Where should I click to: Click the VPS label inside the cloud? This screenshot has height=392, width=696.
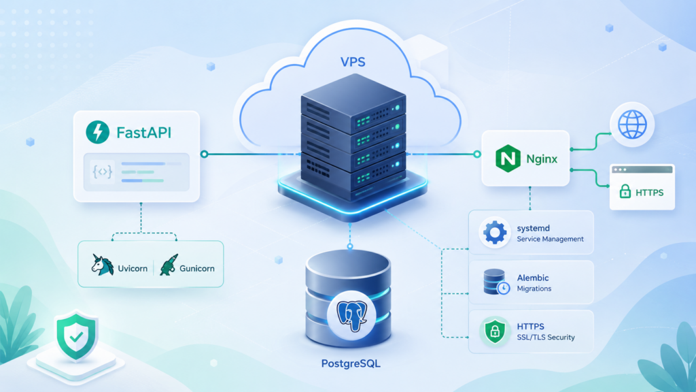coord(353,62)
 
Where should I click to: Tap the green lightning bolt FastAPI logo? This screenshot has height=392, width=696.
coord(98,132)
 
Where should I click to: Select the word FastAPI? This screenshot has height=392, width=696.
coord(144,133)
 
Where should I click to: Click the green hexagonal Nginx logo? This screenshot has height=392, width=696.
coord(508,158)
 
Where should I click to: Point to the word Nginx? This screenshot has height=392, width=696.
coord(542,159)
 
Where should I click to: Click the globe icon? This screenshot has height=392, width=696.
coord(632,125)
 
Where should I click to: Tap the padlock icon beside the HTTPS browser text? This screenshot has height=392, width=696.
coord(625,191)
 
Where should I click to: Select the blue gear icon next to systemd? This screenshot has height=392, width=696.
coord(495,232)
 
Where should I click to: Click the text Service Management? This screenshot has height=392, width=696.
coord(551,239)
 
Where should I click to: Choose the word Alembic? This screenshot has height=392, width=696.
coord(533,278)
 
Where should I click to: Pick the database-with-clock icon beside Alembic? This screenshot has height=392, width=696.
coord(496,282)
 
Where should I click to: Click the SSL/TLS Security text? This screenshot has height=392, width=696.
coord(546,338)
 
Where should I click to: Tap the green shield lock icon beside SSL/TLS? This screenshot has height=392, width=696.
coord(495,331)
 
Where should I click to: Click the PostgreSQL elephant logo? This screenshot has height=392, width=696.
coord(351,315)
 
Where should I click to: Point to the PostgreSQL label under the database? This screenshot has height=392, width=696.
coord(351,363)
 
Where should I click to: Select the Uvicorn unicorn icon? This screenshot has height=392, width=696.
coord(102,265)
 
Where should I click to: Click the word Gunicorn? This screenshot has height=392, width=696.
coord(196,268)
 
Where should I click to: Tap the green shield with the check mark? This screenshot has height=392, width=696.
coord(76,336)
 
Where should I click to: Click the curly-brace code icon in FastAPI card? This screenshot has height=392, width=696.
coord(102,171)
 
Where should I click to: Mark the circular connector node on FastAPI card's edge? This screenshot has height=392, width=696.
coord(204,154)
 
